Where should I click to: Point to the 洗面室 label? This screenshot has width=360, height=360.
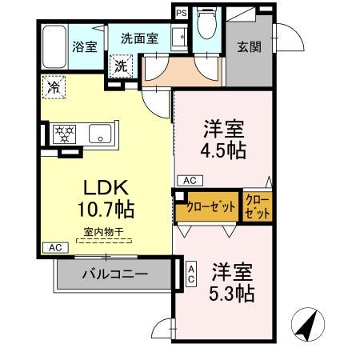(139, 37)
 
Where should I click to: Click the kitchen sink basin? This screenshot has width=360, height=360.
(100, 134)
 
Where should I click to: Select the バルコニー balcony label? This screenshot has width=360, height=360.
(114, 274)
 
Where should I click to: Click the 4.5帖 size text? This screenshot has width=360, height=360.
(223, 150)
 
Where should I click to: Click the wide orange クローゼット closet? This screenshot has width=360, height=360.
(209, 206)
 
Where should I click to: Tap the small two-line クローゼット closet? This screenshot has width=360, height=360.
(257, 206)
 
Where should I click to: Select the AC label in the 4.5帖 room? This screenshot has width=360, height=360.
(189, 180)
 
